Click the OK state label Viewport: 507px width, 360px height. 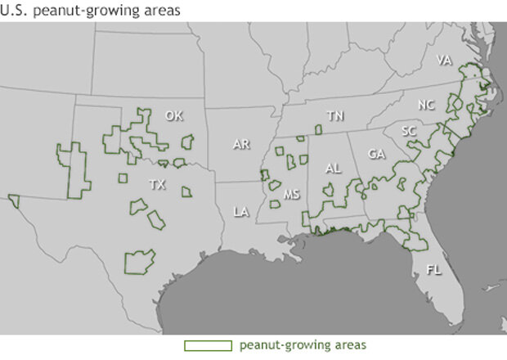click(173, 115)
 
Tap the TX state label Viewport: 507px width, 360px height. click(158, 186)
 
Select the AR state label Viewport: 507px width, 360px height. click(240, 144)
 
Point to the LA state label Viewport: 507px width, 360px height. click(240, 212)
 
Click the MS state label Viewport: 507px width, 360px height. click(292, 195)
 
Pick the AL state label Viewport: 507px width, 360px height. click(333, 168)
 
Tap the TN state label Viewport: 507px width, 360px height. click(334, 116)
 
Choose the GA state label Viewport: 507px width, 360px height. click(376, 154)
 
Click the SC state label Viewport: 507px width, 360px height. click(410, 131)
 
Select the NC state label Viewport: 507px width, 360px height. click(427, 105)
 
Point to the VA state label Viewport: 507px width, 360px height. click(444, 61)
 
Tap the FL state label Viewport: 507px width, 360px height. click(433, 269)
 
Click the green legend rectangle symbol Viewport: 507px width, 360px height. click(208, 345)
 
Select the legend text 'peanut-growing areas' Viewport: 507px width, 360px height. click(290, 345)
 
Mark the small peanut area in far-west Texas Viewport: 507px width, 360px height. click(13, 200)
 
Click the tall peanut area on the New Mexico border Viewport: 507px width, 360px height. click(74, 168)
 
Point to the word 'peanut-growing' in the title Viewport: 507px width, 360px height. click(79, 10)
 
